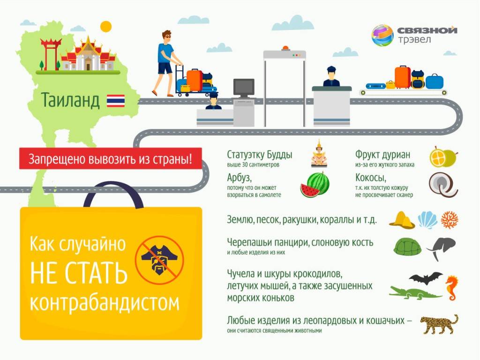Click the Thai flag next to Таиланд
116,101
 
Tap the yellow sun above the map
106,27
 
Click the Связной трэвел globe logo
382,35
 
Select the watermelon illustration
315,184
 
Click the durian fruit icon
443,157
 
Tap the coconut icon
442,184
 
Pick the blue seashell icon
427,220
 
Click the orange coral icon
450,220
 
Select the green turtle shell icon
407,247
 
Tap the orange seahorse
451,288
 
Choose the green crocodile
415,293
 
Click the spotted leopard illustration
439,324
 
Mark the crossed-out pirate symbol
159,260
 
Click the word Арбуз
239,178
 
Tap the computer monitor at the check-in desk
244,88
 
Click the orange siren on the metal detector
285,48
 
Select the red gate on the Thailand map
51,53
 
